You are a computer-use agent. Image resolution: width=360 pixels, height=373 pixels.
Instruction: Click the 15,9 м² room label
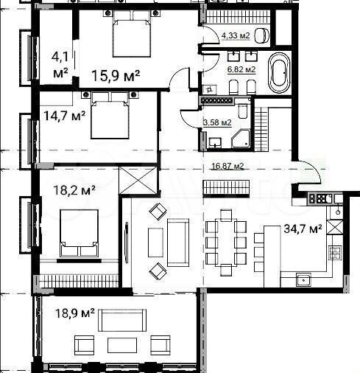coord(116,74)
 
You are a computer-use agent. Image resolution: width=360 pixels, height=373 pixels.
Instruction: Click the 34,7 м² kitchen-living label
coord(303,229)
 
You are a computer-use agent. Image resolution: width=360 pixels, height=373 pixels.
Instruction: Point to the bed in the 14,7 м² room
coord(110,116)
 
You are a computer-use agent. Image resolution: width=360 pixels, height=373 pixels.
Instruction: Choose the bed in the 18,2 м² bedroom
coord(79,232)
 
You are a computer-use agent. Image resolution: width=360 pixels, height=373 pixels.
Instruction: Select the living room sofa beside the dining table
coord(180,242)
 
